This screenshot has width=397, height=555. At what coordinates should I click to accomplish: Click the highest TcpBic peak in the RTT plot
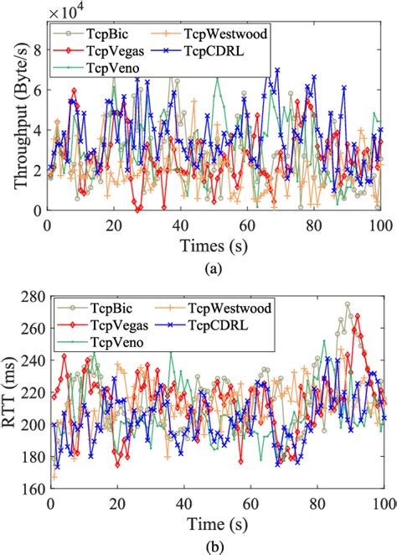348,304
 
